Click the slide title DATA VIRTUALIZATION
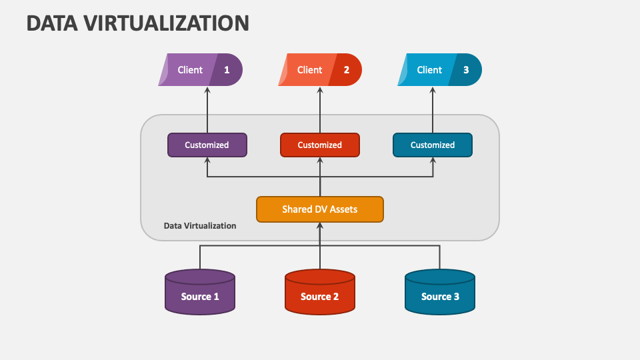(x=137, y=23)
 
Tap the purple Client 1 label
(x=190, y=70)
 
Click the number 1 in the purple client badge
(x=227, y=70)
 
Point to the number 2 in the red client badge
(x=346, y=70)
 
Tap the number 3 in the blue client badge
(x=466, y=70)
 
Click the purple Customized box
(x=207, y=145)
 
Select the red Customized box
(x=320, y=145)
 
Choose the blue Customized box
(x=433, y=145)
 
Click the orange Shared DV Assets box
(x=320, y=209)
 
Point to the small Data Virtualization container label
(x=200, y=226)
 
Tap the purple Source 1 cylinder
(x=200, y=293)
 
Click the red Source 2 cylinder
(x=320, y=293)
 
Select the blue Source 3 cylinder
(x=440, y=293)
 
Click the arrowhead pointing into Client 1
(x=207, y=91)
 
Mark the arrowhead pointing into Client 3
(x=433, y=91)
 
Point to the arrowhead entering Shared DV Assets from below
(x=320, y=226)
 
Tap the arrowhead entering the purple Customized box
(x=207, y=161)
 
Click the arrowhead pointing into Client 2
(x=320, y=91)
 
